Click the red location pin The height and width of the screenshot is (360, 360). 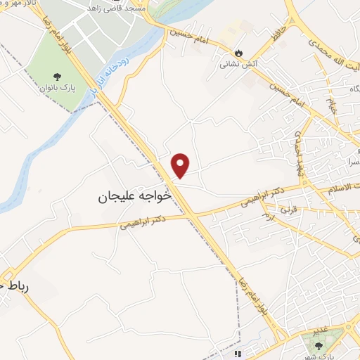[x=181, y=165]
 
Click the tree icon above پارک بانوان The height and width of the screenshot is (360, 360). [x=56, y=76]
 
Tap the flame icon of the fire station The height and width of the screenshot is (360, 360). [x=240, y=52]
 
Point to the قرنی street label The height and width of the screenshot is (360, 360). [x=288, y=210]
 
